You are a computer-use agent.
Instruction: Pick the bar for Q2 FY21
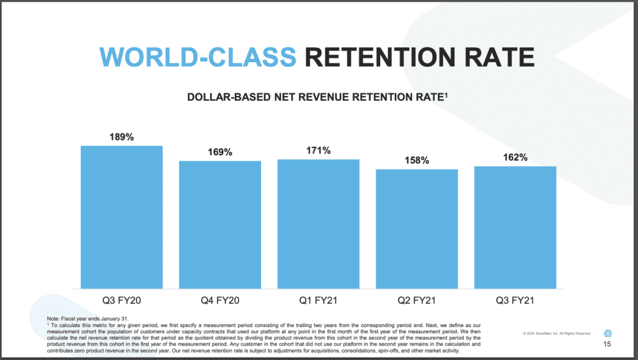point(417,229)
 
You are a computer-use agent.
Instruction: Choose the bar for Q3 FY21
point(515,227)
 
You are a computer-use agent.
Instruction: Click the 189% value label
point(121,137)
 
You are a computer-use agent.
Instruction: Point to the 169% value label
point(220,152)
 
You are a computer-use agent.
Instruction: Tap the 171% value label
point(318,151)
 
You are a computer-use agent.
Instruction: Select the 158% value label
point(417,161)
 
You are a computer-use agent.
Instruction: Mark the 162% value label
point(515,158)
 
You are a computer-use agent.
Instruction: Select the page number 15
point(607,345)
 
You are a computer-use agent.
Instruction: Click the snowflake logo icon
point(607,331)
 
